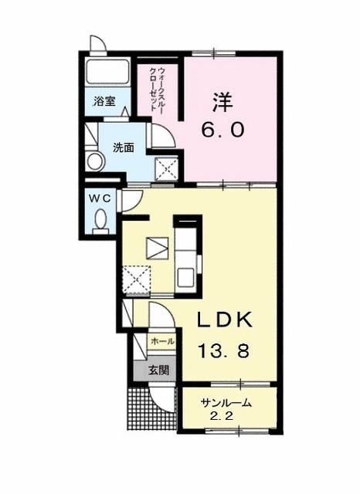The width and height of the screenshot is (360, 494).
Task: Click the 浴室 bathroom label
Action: click(x=104, y=101)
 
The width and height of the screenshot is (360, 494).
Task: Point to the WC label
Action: click(x=100, y=198)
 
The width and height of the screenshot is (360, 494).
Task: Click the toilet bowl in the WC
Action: click(x=99, y=223)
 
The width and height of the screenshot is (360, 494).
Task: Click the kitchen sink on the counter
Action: click(x=186, y=276)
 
